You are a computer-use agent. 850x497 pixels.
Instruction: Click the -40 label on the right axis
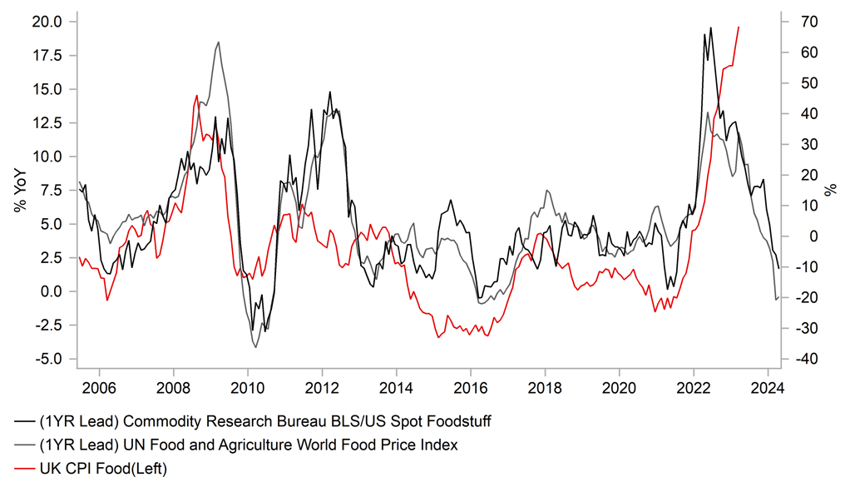coord(808,359)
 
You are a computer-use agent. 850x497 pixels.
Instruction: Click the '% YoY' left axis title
coord(18,190)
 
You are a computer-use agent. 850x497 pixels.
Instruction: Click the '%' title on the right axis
coord(830,190)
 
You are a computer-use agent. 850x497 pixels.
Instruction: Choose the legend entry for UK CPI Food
coord(103,470)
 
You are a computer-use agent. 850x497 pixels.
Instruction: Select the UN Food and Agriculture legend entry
coord(249,445)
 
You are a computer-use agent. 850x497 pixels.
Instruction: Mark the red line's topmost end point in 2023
coord(739,27)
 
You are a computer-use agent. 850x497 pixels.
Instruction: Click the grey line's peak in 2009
coord(218,42)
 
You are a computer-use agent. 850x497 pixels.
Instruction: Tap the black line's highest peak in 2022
coord(711,27)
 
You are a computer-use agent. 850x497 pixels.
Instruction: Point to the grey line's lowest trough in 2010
coord(255,346)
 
